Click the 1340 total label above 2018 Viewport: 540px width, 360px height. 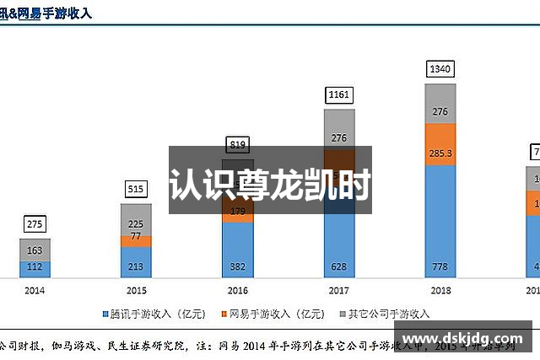440,68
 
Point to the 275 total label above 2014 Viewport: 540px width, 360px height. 35,224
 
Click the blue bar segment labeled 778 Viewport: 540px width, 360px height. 440,222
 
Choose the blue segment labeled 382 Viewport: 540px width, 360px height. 238,250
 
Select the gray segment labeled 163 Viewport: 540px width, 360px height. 35,250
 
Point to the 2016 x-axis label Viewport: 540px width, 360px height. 238,290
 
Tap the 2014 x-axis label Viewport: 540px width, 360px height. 35,290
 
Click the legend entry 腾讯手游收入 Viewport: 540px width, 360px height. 155,314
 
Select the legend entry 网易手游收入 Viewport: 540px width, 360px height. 272,314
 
